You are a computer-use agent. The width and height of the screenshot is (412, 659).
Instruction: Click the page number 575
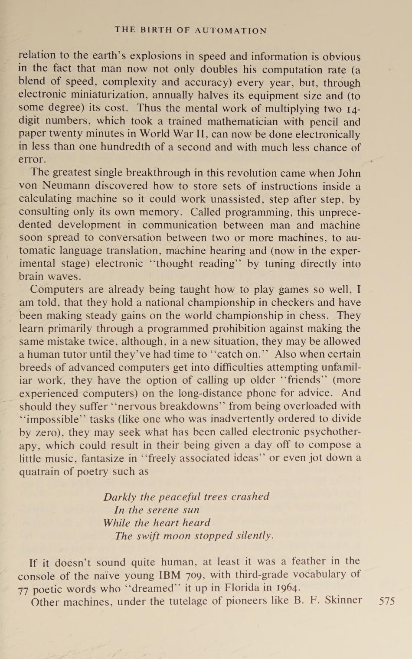pyautogui.click(x=387, y=601)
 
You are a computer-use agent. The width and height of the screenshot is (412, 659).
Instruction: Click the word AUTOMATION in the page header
pyautogui.click(x=231, y=30)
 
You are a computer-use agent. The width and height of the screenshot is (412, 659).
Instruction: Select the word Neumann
pyautogui.click(x=66, y=186)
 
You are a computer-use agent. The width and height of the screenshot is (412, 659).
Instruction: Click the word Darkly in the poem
pyautogui.click(x=120, y=497)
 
